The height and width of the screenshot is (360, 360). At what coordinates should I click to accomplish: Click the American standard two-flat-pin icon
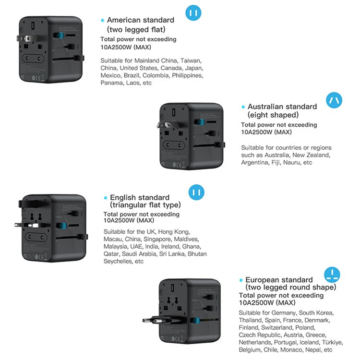[x=193, y=13]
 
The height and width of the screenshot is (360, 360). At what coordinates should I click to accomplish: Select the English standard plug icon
[x=194, y=192]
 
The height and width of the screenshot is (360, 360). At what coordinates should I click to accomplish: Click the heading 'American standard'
[x=140, y=20]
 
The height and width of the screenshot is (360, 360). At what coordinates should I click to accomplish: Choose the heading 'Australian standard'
[x=282, y=107]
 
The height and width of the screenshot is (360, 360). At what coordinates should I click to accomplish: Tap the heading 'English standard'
[x=140, y=198]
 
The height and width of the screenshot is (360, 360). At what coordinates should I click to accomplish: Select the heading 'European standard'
[x=279, y=280]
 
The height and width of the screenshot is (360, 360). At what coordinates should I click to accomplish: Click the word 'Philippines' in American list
[x=188, y=75]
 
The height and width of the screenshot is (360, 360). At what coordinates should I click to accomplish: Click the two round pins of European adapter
[x=151, y=320]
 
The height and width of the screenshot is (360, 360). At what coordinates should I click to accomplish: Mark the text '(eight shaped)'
[x=273, y=115]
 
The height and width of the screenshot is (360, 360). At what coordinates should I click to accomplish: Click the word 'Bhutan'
[x=197, y=254]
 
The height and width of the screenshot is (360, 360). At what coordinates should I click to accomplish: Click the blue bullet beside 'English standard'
[x=105, y=198]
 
